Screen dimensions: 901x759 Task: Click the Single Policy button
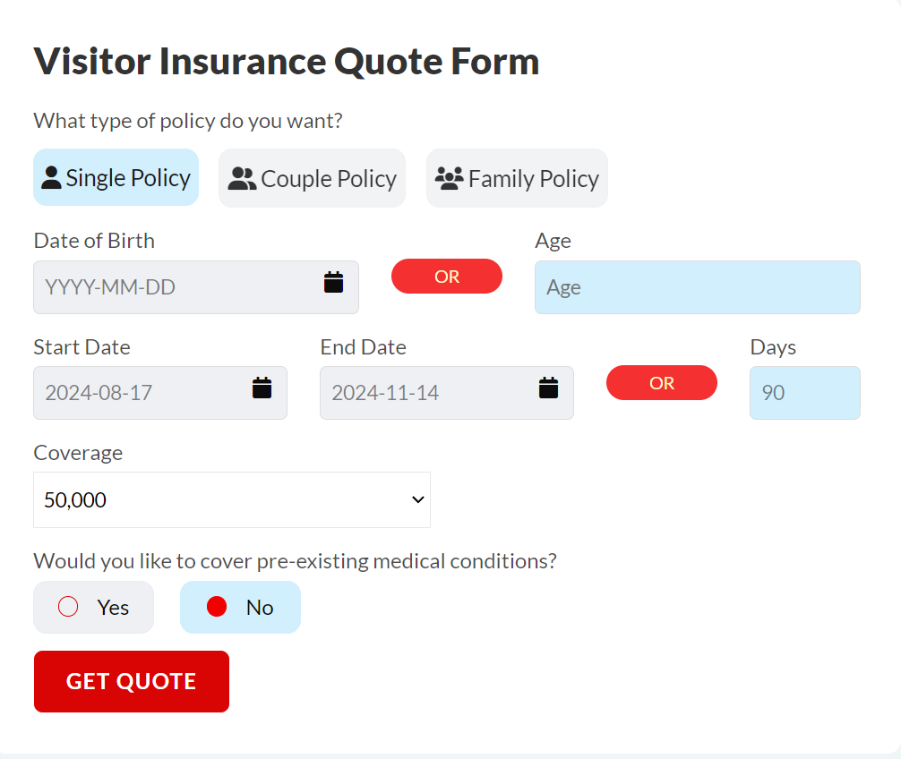click(116, 177)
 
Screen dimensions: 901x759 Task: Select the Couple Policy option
click(312, 178)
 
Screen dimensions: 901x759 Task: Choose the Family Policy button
click(517, 178)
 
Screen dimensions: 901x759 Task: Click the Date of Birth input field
click(196, 287)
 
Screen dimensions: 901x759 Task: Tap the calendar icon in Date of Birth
click(333, 282)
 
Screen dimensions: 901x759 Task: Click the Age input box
click(697, 287)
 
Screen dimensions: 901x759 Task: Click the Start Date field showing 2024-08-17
click(160, 393)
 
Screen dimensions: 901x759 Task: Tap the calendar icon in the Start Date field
click(262, 388)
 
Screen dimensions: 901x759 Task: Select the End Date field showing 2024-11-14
click(447, 393)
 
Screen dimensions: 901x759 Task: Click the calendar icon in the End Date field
click(548, 388)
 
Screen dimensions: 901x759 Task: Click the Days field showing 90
click(805, 393)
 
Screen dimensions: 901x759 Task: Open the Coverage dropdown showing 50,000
click(232, 499)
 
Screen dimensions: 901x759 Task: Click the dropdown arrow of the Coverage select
click(417, 499)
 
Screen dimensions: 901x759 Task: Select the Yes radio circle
click(68, 606)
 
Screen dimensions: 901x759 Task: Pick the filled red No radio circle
click(217, 606)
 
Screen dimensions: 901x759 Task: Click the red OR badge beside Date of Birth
click(447, 277)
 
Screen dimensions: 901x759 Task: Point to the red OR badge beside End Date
click(661, 382)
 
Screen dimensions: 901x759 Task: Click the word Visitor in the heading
click(92, 61)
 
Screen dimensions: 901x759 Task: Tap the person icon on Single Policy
click(51, 177)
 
